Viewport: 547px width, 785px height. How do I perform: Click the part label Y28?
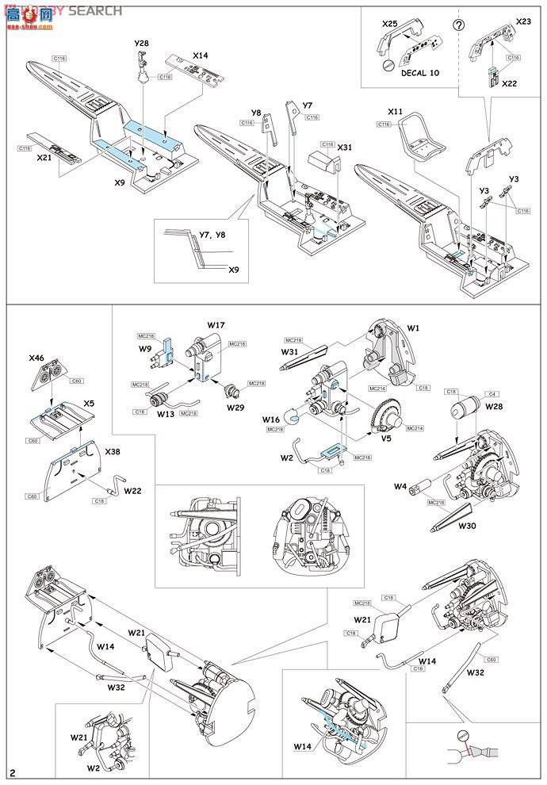[x=140, y=41]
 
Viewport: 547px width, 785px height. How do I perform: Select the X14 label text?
[x=200, y=56]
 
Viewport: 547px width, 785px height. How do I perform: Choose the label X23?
[x=524, y=23]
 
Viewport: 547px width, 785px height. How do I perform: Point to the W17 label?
[x=216, y=324]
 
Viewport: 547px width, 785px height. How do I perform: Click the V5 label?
[x=386, y=435]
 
